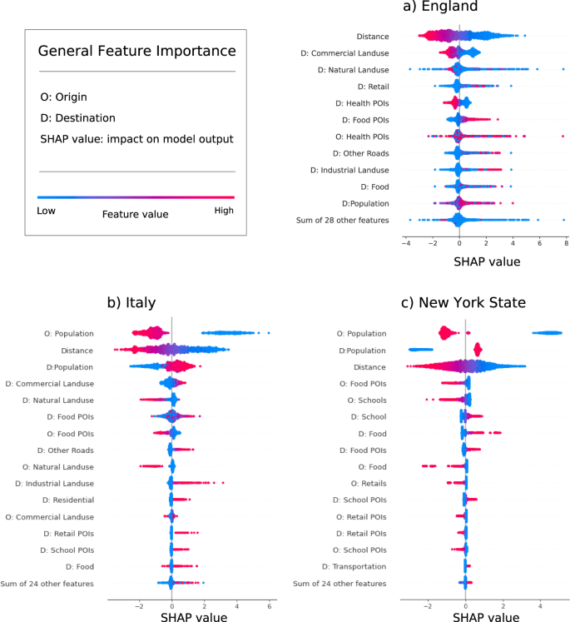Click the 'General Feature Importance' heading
(x=136, y=52)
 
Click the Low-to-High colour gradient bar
(x=136, y=197)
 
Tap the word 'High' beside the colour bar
(x=224, y=211)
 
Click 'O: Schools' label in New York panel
(x=364, y=400)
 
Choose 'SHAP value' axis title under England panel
(x=487, y=261)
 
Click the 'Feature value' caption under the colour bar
(x=135, y=214)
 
